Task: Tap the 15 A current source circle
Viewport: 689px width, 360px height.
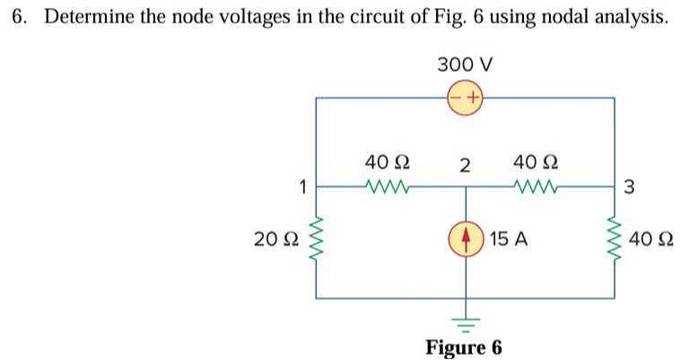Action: pos(465,240)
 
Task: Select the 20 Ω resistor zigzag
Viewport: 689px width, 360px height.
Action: pos(315,240)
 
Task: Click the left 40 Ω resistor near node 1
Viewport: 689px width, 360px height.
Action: pos(388,188)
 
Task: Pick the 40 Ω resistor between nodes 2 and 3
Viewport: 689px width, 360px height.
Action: pos(537,188)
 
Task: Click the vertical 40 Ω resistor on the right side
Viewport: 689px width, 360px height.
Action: pos(615,240)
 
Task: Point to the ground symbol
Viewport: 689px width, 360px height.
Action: pos(465,321)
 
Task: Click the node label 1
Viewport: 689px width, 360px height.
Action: pos(303,188)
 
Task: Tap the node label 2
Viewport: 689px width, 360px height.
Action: pos(464,165)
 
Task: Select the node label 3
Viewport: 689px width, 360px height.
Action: pos(628,188)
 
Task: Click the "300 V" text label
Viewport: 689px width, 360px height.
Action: pos(465,65)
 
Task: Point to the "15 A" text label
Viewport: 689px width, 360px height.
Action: pos(509,240)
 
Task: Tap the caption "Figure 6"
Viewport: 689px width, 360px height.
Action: pos(464,347)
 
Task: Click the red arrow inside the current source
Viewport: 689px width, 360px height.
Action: pos(465,240)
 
